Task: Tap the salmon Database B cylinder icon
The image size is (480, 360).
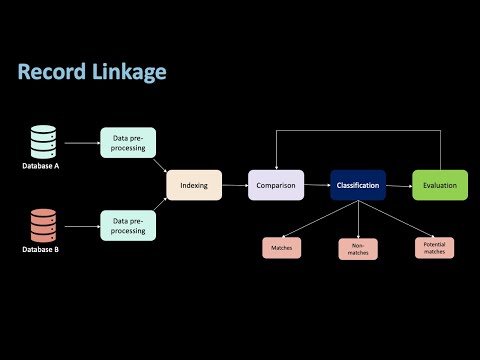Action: (x=42, y=226)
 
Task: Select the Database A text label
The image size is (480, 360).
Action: (x=42, y=166)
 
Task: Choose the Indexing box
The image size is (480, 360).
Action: (x=193, y=185)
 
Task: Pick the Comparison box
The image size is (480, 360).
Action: (x=275, y=185)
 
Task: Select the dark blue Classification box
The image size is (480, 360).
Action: (x=357, y=185)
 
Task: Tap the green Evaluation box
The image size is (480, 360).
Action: (x=439, y=185)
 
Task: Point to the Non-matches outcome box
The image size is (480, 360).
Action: (x=357, y=249)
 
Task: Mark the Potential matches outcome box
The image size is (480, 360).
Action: (x=434, y=248)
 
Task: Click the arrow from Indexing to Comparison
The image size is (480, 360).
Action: (x=234, y=185)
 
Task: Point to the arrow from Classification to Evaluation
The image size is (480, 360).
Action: (x=398, y=185)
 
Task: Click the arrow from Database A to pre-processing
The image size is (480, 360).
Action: (x=80, y=142)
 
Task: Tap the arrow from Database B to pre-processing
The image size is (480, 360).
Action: (x=80, y=226)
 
